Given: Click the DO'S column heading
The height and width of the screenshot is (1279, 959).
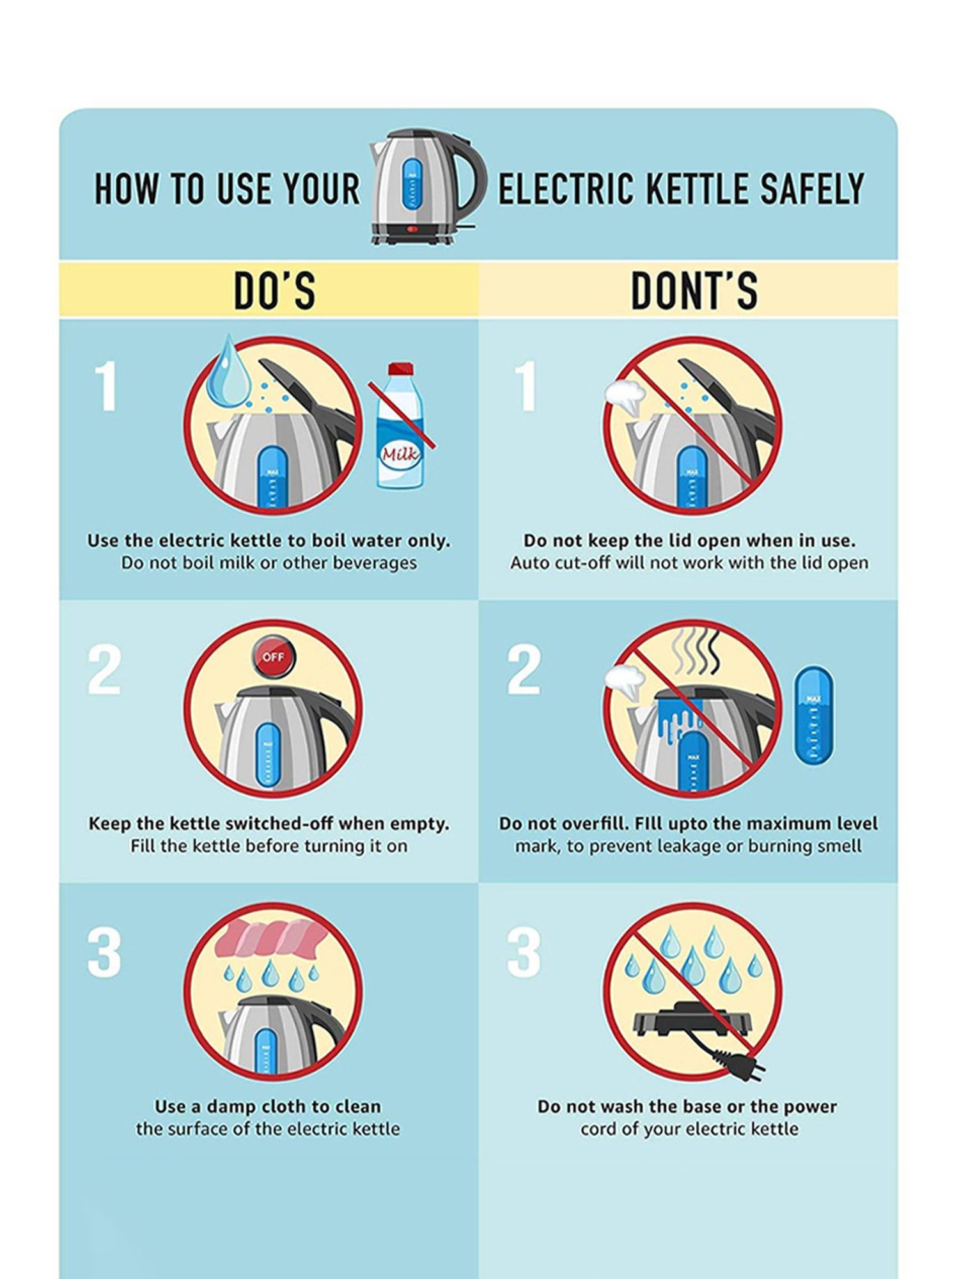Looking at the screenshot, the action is [274, 291].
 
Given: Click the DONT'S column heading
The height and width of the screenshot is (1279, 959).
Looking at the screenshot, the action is [694, 291].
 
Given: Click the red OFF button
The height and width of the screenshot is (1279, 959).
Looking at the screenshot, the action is [274, 657].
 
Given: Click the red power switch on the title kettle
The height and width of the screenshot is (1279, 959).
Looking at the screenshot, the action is [412, 229].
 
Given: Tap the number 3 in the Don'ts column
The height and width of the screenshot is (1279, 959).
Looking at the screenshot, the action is [524, 952].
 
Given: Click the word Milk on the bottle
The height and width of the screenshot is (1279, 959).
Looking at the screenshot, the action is [400, 455].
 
